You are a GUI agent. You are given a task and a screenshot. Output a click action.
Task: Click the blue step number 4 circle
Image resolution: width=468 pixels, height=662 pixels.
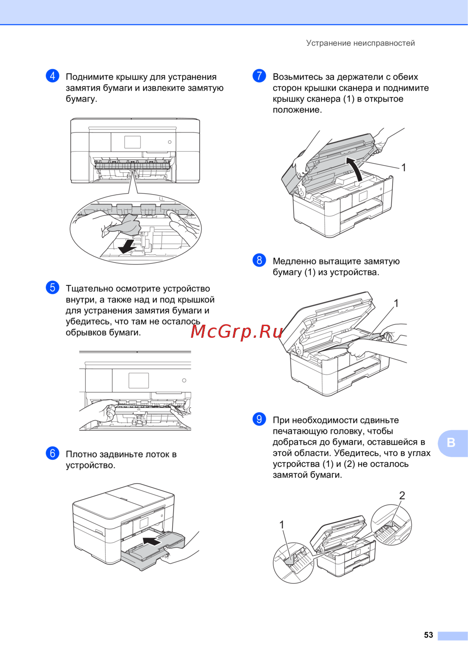52,76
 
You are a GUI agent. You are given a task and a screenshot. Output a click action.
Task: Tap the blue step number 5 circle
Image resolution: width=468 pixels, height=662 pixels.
52,287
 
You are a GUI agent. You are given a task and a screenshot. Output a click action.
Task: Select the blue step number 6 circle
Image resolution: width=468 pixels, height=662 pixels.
52,453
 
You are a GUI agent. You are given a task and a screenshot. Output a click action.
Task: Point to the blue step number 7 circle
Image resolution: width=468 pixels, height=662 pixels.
259,76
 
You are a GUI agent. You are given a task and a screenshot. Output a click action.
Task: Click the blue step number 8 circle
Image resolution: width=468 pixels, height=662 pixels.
259,260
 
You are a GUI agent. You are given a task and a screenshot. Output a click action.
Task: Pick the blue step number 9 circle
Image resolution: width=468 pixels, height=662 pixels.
259,419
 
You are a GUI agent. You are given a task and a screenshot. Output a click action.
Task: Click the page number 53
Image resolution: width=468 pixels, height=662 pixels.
428,635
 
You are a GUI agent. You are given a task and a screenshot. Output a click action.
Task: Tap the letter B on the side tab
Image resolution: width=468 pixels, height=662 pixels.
451,443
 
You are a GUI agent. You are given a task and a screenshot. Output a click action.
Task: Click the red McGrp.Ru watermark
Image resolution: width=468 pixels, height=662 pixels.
236,332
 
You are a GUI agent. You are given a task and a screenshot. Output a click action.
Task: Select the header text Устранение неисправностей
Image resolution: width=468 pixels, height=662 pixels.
360,43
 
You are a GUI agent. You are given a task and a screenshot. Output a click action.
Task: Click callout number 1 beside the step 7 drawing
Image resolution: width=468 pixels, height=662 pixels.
403,167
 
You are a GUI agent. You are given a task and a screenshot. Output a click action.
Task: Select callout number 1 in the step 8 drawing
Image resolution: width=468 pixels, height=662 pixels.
396,303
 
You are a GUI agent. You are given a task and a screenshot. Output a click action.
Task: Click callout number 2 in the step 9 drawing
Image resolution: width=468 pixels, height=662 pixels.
402,495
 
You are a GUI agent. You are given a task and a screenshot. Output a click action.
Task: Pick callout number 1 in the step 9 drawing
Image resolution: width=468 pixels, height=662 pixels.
282,524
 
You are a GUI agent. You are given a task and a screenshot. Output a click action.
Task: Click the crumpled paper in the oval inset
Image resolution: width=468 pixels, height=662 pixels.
125,225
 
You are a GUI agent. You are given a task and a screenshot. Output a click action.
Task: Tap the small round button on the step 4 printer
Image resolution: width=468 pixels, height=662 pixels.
170,142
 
